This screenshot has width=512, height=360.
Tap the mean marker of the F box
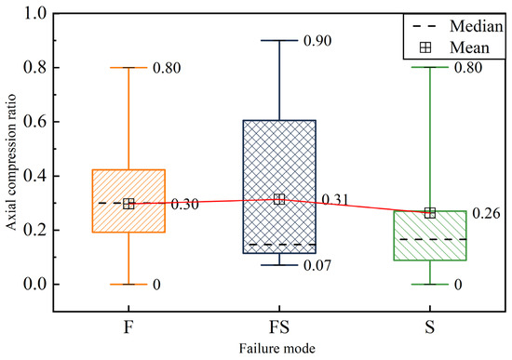pyautogui.click(x=129, y=204)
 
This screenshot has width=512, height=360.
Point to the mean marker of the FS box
pyautogui.click(x=278, y=200)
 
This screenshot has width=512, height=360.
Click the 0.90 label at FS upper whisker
pyautogui.click(x=317, y=41)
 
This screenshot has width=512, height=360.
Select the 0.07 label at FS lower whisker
pyautogui.click(x=317, y=266)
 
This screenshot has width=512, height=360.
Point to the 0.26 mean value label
pyautogui.click(x=486, y=213)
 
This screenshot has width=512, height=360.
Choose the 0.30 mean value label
pyautogui.click(x=184, y=205)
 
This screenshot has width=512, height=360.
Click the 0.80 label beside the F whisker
pyautogui.click(x=167, y=68)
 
